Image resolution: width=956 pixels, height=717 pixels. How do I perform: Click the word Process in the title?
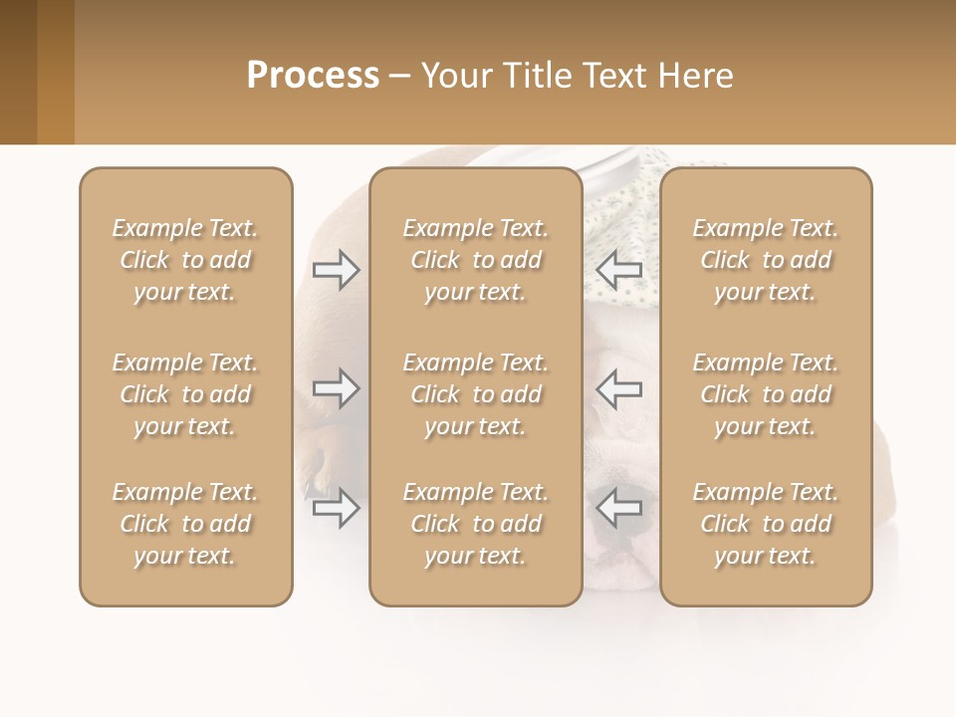313,75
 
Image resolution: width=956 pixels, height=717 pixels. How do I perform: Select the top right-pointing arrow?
336,270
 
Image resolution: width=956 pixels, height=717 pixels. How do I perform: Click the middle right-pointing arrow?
336,388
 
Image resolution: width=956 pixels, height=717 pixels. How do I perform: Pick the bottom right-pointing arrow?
336,509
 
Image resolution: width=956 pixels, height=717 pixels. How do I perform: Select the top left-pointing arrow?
618,270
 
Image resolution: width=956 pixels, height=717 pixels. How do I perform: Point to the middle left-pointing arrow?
618,388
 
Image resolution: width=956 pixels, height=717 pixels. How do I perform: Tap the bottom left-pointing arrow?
618,509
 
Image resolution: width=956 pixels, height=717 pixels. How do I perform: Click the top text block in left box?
185,260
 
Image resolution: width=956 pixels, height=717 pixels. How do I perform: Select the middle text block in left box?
185,394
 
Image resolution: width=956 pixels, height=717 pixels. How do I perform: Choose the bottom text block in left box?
185,524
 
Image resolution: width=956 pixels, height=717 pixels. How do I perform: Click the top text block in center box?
475,260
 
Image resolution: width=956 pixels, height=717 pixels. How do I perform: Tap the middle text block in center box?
475,394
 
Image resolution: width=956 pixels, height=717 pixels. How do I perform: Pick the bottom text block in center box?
475,524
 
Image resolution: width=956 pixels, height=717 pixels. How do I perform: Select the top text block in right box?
765,260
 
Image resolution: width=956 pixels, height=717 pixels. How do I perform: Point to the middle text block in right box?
765,394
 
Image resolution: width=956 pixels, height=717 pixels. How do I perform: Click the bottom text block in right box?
765,524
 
